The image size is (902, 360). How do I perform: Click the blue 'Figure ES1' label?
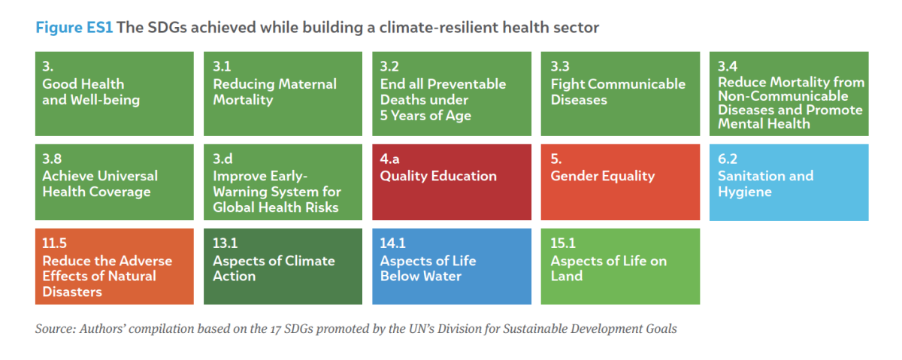point(74,28)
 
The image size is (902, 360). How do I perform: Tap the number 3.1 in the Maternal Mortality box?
point(222,66)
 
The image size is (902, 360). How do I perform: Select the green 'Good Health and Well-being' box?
point(114,94)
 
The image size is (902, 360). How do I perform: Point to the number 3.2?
point(389,66)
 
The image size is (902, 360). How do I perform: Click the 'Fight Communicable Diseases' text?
point(618,92)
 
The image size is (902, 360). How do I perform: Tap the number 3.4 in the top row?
point(728,66)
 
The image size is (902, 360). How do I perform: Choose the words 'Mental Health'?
point(764,123)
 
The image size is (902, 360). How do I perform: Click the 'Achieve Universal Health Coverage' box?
point(114,183)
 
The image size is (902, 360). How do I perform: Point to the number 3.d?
point(222,159)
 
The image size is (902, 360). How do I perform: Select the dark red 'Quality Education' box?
point(452,183)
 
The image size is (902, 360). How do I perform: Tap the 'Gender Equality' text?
point(602,177)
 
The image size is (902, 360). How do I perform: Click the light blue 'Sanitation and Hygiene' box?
point(788,183)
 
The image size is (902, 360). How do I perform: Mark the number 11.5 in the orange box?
point(54,244)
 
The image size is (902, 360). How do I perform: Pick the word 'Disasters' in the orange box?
point(72,292)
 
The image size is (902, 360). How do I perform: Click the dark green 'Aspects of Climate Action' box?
point(283,267)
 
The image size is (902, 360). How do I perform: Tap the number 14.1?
point(392,244)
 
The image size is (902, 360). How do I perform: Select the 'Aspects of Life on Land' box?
point(620,267)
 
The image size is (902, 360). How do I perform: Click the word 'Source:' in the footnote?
point(55,329)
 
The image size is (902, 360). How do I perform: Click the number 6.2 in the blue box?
point(728,159)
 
